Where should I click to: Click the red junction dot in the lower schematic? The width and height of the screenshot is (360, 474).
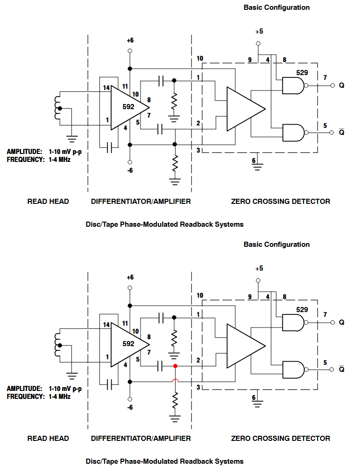pyautogui.click(x=175, y=366)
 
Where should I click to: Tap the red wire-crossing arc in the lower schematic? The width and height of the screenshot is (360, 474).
pyautogui.click(x=175, y=382)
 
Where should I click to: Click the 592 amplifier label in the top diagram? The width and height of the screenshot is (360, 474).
pyautogui.click(x=128, y=107)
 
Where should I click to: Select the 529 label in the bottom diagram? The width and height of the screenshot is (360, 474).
pyautogui.click(x=302, y=309)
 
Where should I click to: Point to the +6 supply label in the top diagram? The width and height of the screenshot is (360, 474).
pyautogui.click(x=130, y=41)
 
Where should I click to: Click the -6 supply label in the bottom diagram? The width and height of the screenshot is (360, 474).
pyautogui.click(x=130, y=407)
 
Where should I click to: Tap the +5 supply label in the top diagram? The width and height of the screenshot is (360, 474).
pyautogui.click(x=259, y=32)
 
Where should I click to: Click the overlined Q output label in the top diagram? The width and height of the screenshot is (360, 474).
pyautogui.click(x=341, y=132)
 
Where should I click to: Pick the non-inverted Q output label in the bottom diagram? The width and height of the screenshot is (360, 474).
pyautogui.click(x=341, y=322)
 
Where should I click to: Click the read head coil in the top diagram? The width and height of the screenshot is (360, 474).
pyautogui.click(x=58, y=108)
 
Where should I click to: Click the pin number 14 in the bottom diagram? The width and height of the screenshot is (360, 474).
pyautogui.click(x=106, y=325)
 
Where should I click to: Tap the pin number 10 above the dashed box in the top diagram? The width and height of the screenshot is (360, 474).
pyautogui.click(x=200, y=59)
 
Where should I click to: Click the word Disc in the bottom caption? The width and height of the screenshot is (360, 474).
pyautogui.click(x=93, y=461)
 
